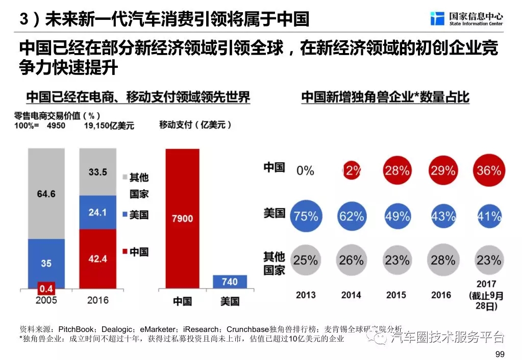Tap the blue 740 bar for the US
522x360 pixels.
pyautogui.click(x=230, y=282)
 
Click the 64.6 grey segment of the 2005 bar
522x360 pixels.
pyautogui.click(x=46, y=194)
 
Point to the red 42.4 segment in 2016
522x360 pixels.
pyautogui.click(x=97, y=258)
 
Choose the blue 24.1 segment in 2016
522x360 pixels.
pyautogui.click(x=97, y=211)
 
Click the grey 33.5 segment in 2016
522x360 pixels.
pyautogui.click(x=97, y=171)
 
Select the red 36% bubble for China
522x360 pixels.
pyautogui.click(x=488, y=170)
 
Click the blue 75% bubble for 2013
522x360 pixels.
pyautogui.click(x=306, y=216)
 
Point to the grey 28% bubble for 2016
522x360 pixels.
pyautogui.click(x=442, y=260)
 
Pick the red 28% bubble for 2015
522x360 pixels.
pyautogui.click(x=397, y=170)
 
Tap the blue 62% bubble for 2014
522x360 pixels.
pyautogui.click(x=352, y=216)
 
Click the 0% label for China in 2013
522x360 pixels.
pyautogui.click(x=305, y=170)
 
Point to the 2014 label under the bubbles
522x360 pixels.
pyautogui.click(x=351, y=295)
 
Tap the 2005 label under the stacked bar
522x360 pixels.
pyautogui.click(x=46, y=300)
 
